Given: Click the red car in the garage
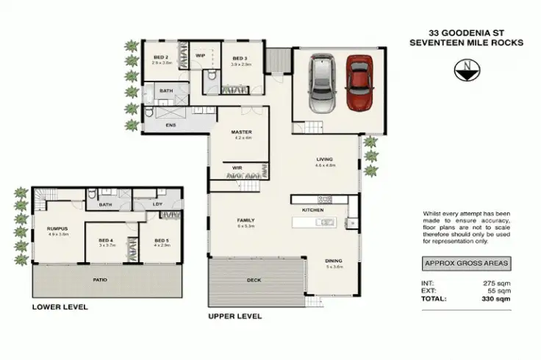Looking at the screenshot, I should [357, 83].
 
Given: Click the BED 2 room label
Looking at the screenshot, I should [162, 57].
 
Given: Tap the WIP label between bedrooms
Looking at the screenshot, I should [200, 55].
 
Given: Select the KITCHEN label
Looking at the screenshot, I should [313, 210].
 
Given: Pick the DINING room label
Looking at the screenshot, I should [334, 261].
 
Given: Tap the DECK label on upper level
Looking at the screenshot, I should [253, 280].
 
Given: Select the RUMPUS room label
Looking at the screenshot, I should [58, 228].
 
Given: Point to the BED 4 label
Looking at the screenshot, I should [105, 240].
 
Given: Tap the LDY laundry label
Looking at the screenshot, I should [157, 204].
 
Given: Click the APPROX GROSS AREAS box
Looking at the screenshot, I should [466, 262].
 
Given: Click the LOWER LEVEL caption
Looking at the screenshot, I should [60, 306].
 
